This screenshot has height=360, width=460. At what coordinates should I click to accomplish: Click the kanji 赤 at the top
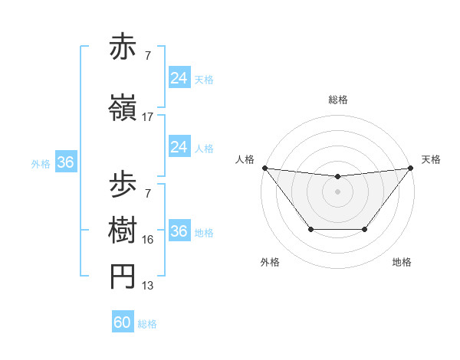pos(124,48)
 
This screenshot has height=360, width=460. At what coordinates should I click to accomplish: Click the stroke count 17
pos(148,117)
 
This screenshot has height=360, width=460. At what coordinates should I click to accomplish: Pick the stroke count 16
pos(148,240)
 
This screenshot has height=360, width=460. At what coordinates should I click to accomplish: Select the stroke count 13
pos(148,286)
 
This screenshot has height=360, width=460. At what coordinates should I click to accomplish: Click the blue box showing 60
pos(123,322)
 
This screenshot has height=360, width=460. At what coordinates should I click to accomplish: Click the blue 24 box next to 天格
pos(179,78)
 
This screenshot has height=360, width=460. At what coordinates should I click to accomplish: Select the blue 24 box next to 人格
pos(179,147)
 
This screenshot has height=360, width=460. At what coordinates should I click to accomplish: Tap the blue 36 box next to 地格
pos(179,231)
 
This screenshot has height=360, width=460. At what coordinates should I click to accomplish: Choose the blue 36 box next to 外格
pos(65,162)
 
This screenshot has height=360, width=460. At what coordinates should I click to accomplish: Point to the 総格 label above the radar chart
pos(337,100)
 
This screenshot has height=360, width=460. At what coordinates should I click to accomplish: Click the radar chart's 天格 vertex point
pos(410,168)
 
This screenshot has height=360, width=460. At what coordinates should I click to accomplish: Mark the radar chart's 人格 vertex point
pos(264,168)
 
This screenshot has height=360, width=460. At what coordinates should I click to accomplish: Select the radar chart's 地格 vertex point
pos(365,229)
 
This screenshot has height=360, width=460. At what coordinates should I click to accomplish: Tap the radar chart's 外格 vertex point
pos(310,229)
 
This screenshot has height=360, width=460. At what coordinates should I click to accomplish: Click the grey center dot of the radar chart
pos(337,191)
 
